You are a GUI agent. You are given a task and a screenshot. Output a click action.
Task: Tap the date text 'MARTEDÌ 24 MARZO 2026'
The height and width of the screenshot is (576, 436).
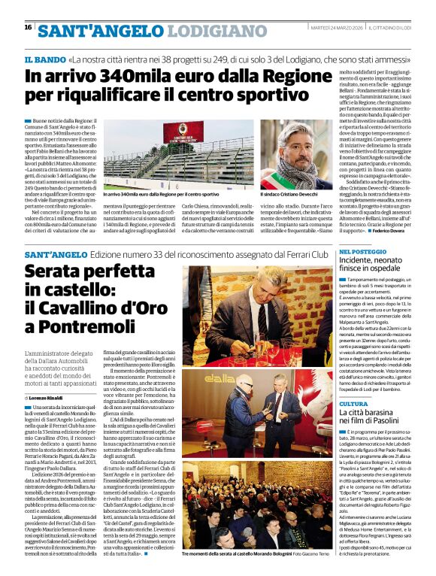tap(335, 28)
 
